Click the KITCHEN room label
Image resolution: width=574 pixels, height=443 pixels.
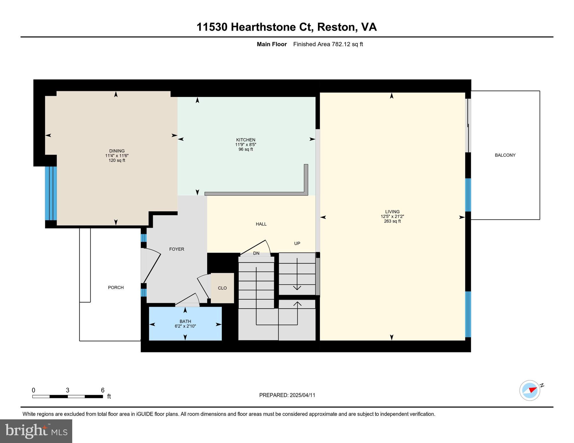click(x=246, y=140)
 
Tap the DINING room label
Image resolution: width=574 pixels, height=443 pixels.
click(x=117, y=151)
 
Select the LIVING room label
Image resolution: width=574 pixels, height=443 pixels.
click(x=392, y=212)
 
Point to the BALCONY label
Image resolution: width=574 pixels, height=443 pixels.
click(x=505, y=155)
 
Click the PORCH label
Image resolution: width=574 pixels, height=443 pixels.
click(x=116, y=288)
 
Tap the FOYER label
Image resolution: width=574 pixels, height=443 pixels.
click(x=177, y=249)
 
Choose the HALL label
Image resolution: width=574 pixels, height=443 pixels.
click(x=261, y=224)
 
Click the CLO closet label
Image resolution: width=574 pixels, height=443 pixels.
click(x=222, y=288)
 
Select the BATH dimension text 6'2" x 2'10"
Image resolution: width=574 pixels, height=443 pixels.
click(x=185, y=326)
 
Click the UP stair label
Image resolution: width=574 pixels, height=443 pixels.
click(x=297, y=243)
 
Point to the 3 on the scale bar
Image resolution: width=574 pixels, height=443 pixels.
click(x=68, y=390)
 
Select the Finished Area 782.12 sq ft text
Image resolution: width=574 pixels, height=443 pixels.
click(x=328, y=44)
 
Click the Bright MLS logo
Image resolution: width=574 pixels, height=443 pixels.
click(x=36, y=431)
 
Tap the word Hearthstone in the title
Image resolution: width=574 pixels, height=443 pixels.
click(x=263, y=27)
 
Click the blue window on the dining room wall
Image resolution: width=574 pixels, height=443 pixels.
click(x=51, y=193)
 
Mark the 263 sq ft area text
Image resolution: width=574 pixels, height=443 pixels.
click(x=392, y=221)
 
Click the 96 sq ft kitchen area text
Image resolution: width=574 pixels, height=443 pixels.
click(x=246, y=149)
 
